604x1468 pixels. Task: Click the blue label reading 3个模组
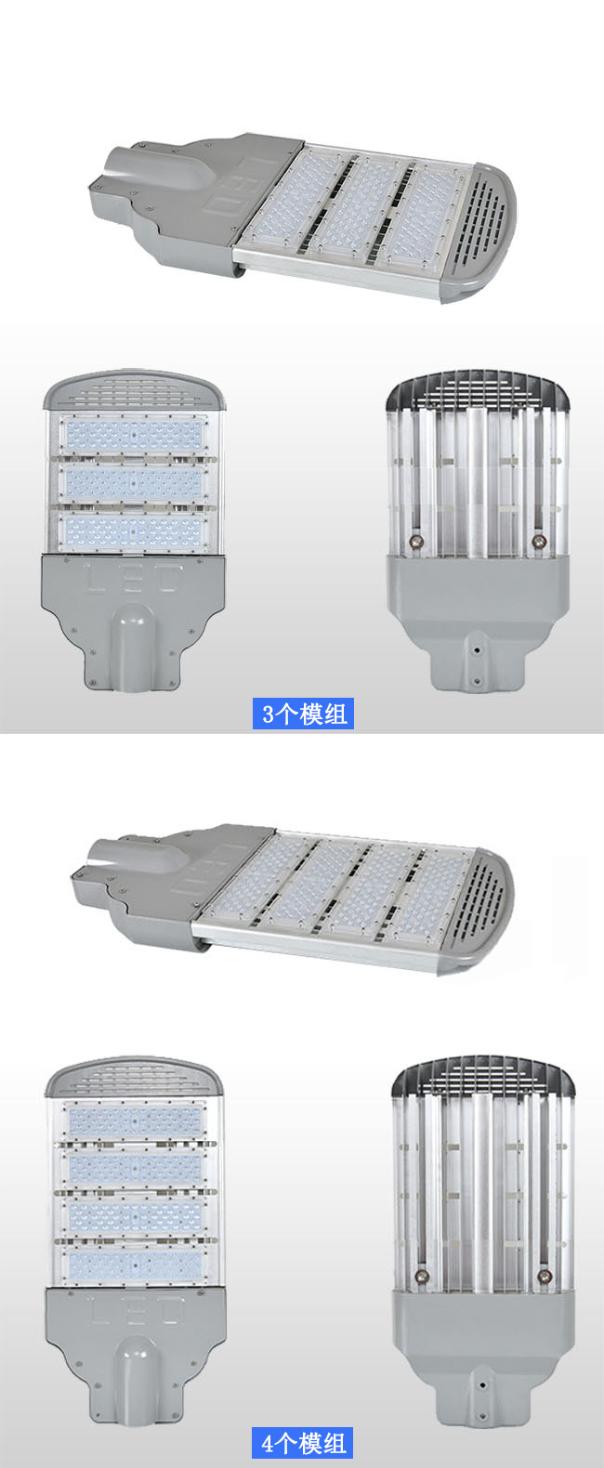click(303, 714)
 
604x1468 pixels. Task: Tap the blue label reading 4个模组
click(303, 1443)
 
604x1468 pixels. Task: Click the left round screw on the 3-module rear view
click(414, 542)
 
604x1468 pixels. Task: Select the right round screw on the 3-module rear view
click(539, 542)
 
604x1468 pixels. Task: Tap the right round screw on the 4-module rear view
click(544, 1276)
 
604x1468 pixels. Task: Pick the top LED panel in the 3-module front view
click(133, 434)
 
